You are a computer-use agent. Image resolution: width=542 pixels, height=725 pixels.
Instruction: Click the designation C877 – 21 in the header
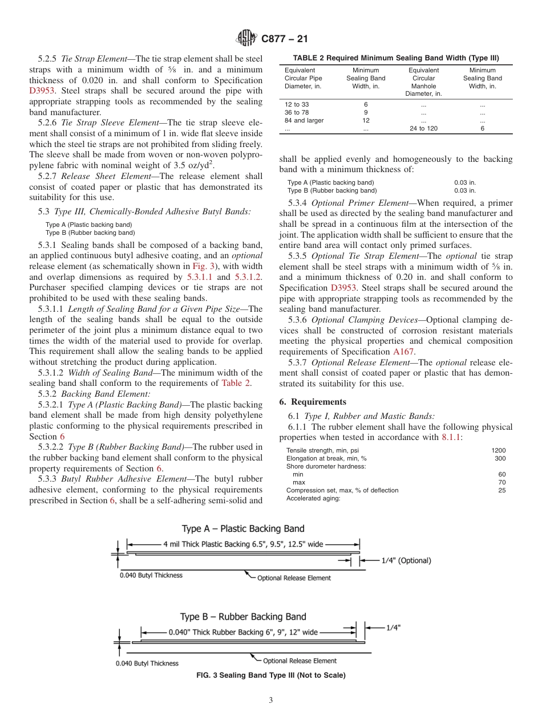pyautogui.click(x=284, y=39)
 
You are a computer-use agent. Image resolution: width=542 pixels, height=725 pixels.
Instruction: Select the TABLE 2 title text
pyautogui.click(x=395, y=58)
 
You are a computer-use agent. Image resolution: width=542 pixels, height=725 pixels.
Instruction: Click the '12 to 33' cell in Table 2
pyautogui.click(x=296, y=104)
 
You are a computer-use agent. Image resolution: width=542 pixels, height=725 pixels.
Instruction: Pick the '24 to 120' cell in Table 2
pyautogui.click(x=423, y=128)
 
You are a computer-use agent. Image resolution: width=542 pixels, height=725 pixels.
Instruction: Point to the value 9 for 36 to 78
pyautogui.click(x=366, y=112)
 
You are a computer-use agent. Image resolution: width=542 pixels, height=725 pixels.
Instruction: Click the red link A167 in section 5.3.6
pyautogui.click(x=403, y=352)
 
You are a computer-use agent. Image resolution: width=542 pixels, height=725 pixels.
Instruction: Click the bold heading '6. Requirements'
pyautogui.click(x=313, y=402)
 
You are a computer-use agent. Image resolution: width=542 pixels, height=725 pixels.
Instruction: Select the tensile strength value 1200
pyautogui.click(x=498, y=450)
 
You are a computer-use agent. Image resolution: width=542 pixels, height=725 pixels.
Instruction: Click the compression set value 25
pyautogui.click(x=501, y=490)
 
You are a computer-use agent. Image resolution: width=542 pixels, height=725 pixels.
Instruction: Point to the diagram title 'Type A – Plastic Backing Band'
pyautogui.click(x=243, y=529)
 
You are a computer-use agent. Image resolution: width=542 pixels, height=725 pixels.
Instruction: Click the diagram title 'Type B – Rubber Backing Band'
pyautogui.click(x=243, y=617)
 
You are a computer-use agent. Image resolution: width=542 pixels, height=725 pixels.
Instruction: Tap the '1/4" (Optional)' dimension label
pyautogui.click(x=406, y=560)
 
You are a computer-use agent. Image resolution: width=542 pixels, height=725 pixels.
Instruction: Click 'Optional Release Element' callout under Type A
pyautogui.click(x=294, y=578)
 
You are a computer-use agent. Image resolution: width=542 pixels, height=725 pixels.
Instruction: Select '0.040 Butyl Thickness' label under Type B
pyautogui.click(x=147, y=663)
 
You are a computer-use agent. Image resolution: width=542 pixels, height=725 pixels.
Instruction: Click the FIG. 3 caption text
pyautogui.click(x=270, y=675)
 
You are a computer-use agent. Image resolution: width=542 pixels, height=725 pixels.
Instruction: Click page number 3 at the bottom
pyautogui.click(x=271, y=700)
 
